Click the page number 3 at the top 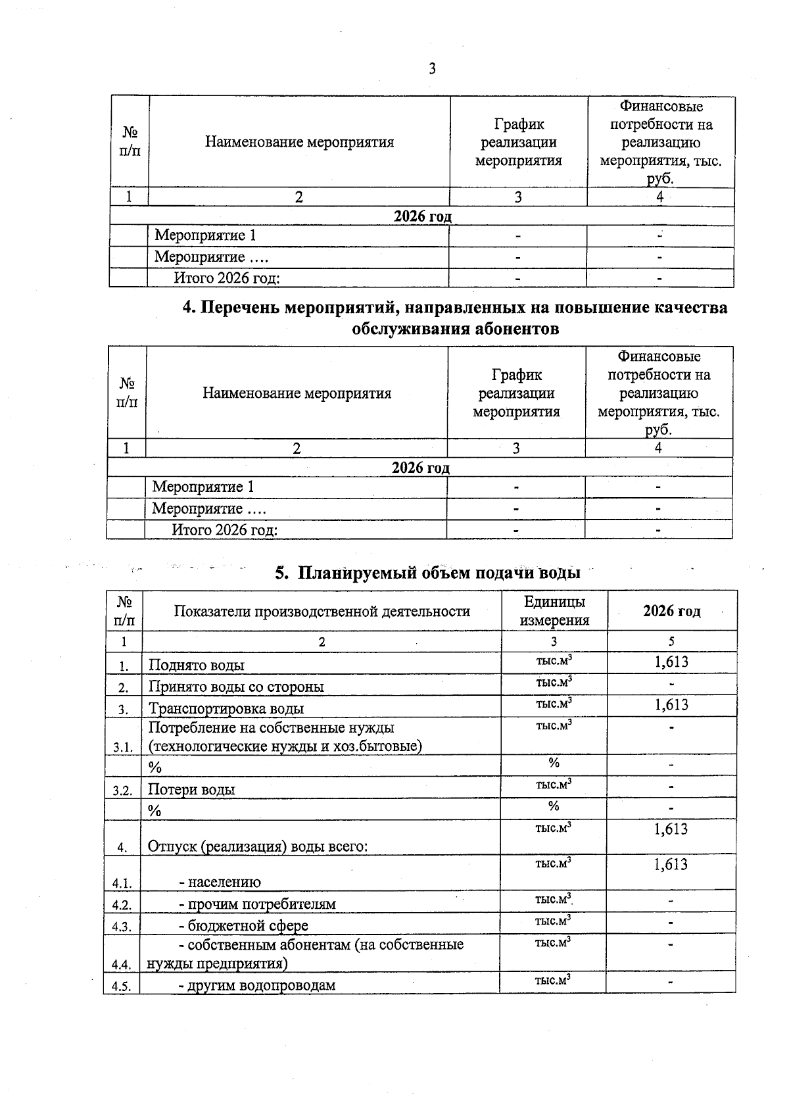point(432,68)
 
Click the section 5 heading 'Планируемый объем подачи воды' point(427,573)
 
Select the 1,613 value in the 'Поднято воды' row point(671,662)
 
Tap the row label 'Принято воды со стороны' point(236,687)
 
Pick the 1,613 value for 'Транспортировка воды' point(671,705)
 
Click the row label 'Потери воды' point(191,789)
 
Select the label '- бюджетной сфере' point(243,925)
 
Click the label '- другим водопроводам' point(257,985)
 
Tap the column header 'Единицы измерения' point(554,611)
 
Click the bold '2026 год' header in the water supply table point(671,611)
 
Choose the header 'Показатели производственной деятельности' point(322,612)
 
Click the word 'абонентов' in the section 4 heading point(512,329)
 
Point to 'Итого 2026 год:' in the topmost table point(227,278)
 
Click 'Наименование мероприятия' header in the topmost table point(299,142)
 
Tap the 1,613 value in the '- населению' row point(671,865)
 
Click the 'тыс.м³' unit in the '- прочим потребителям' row point(553,899)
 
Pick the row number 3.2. point(122,790)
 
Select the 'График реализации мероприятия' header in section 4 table point(516,393)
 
